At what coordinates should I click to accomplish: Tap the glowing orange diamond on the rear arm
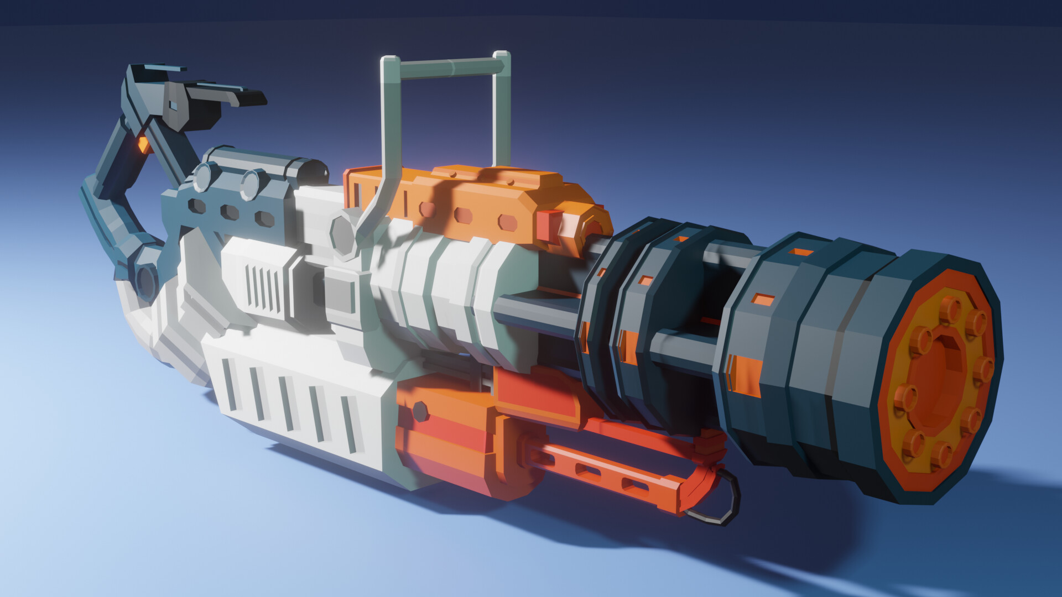point(144,145)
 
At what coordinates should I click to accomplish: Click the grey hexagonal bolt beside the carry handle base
point(344,235)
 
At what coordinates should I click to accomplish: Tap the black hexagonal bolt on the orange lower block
point(420,411)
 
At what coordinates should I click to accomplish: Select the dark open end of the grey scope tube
point(316,171)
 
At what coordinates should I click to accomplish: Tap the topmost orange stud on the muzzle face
point(950,310)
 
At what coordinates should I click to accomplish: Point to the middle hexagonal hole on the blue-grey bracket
point(230,212)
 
